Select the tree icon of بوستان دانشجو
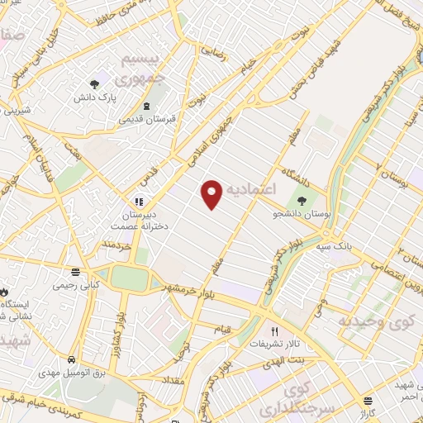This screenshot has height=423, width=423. (x=302, y=199)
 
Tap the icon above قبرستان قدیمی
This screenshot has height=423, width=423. (x=146, y=106)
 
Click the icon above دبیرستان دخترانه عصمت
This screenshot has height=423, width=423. (x=139, y=201)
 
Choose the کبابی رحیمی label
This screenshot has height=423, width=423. (x=76, y=285)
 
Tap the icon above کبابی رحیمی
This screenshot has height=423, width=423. (x=76, y=271)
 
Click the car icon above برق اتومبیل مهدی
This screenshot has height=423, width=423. (x=73, y=361)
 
